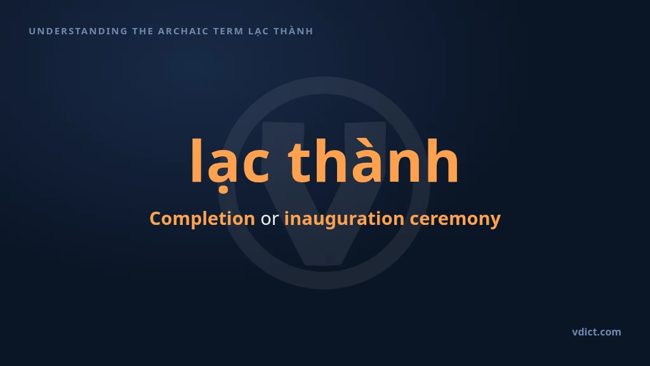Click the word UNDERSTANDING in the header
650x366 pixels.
tap(78, 31)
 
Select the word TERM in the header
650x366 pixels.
tap(228, 31)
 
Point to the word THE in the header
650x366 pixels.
tap(143, 31)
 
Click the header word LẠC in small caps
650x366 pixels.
tap(259, 32)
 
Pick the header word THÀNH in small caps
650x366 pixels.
tap(293, 30)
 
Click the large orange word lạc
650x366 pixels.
tap(230, 165)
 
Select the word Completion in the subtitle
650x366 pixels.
tap(202, 219)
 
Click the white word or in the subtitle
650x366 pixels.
tap(269, 219)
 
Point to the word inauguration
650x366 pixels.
tap(344, 219)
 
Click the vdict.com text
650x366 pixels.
tap(597, 332)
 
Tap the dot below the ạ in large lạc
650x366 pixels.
tap(223, 190)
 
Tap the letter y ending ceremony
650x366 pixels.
tap(495, 222)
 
